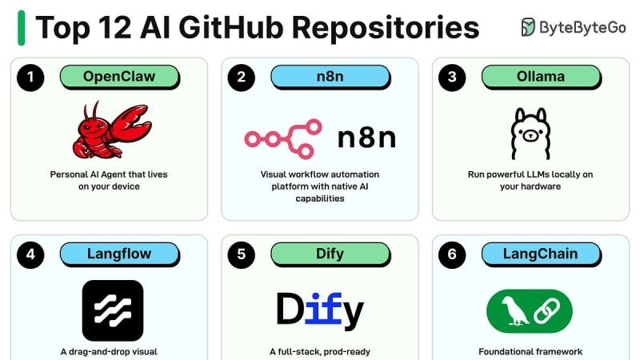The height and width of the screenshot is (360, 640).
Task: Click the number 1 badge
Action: click(x=30, y=78)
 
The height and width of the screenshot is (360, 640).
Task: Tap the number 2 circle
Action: click(x=241, y=78)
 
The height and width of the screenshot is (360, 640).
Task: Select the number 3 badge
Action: click(x=452, y=78)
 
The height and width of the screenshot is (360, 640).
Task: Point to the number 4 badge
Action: click(x=30, y=254)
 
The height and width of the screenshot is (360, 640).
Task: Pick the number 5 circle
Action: click(x=241, y=254)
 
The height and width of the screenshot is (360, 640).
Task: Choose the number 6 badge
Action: click(x=452, y=254)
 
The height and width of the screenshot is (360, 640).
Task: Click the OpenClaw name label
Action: click(x=119, y=77)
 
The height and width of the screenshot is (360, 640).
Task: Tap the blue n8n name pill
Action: click(x=330, y=77)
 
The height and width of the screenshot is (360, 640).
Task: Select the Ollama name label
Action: click(x=541, y=77)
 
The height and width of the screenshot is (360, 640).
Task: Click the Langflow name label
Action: click(x=119, y=254)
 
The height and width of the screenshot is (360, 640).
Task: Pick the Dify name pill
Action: click(x=330, y=254)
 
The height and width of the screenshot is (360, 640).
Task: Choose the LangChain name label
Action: click(x=541, y=254)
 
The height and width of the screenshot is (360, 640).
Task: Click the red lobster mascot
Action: click(x=110, y=130)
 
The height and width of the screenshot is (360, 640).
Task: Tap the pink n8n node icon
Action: click(x=283, y=138)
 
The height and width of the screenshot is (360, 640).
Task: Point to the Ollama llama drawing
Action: click(x=530, y=133)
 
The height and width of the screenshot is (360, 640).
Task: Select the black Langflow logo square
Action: click(x=113, y=310)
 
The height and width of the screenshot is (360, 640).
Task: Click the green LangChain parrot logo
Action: click(x=530, y=310)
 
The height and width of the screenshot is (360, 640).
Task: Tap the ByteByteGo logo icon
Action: click(x=529, y=27)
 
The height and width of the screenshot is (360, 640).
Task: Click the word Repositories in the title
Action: click(x=385, y=27)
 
